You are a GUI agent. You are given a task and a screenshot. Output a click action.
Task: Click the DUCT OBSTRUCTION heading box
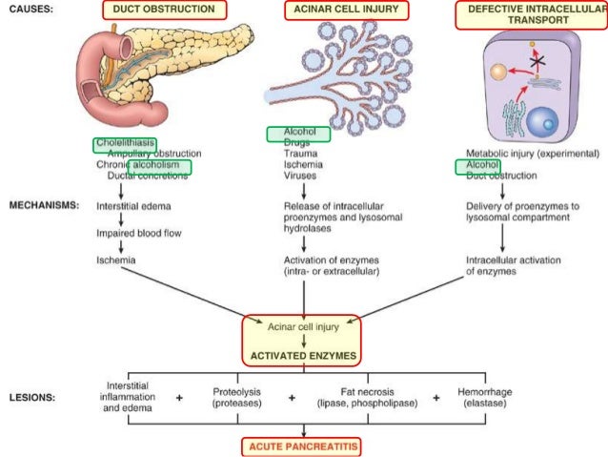point(164,10)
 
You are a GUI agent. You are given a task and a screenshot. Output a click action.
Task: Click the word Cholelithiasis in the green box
point(125,143)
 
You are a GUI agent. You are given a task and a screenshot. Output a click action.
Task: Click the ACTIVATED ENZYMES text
point(303,354)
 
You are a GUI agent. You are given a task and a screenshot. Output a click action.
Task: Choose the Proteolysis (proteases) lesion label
point(236,397)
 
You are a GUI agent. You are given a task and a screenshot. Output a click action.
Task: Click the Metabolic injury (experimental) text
point(533,153)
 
